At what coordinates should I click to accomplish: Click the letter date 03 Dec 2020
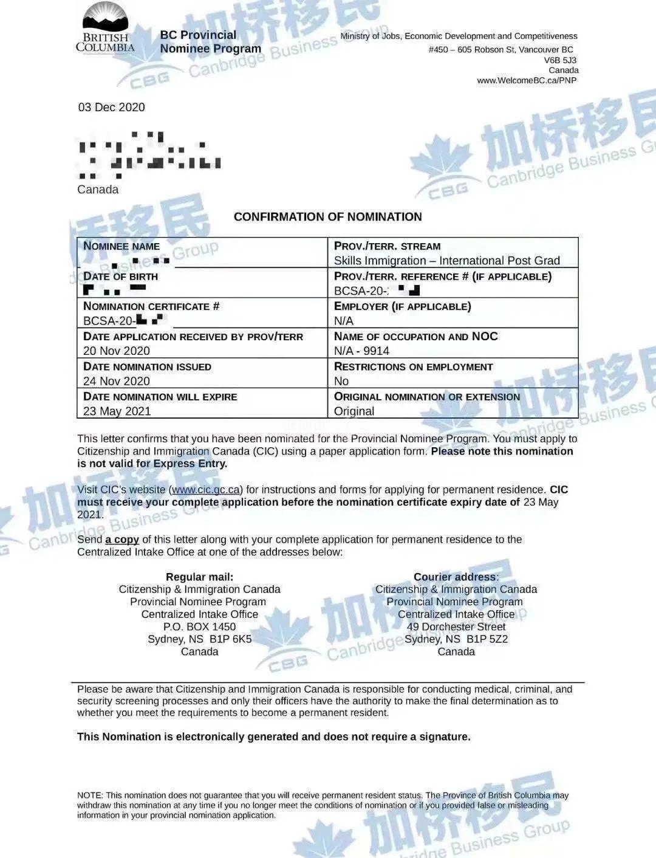click(111, 108)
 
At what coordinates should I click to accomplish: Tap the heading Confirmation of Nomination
click(327, 217)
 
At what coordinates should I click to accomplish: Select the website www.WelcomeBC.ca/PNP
click(527, 80)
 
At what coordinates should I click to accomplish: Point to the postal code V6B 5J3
click(560, 60)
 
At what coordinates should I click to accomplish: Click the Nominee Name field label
click(121, 246)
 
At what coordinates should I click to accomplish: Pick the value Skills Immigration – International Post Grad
click(446, 261)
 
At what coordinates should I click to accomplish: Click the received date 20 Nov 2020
click(117, 351)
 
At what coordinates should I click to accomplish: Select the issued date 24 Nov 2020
click(117, 381)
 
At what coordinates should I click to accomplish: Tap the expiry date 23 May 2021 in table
click(117, 411)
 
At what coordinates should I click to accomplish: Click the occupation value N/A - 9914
click(361, 351)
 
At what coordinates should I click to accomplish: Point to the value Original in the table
click(354, 411)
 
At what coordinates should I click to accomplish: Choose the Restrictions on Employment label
click(413, 367)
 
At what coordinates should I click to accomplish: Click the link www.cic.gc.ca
click(207, 490)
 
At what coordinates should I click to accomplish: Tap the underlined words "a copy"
click(122, 540)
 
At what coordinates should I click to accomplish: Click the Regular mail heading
click(199, 577)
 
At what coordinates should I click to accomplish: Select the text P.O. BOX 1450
click(199, 626)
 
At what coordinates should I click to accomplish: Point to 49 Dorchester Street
click(456, 626)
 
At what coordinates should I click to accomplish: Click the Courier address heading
click(456, 577)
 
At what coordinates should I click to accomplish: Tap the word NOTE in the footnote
click(90, 795)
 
